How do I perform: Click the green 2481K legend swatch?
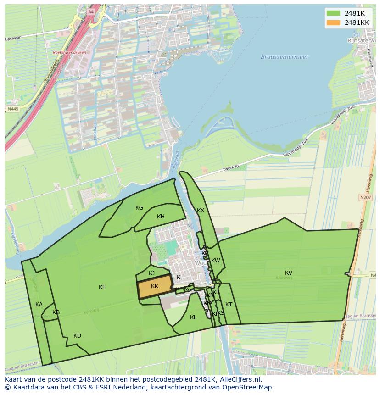coord(334,13)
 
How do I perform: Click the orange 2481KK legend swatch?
coord(334,22)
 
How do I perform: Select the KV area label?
coord(289,273)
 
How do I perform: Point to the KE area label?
coord(102,287)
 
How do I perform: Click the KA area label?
coord(39,305)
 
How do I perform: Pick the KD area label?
coord(77,336)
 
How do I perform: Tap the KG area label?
coord(140,208)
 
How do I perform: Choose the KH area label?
coord(161,217)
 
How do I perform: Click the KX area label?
coord(201,211)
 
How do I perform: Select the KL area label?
coord(193,317)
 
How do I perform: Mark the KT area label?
coord(229,305)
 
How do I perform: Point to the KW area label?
coord(216,261)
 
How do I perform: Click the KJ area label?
coord(152,273)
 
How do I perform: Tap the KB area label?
coord(56,312)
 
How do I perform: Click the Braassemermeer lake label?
coord(285,57)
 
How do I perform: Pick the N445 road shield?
coord(13,109)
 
